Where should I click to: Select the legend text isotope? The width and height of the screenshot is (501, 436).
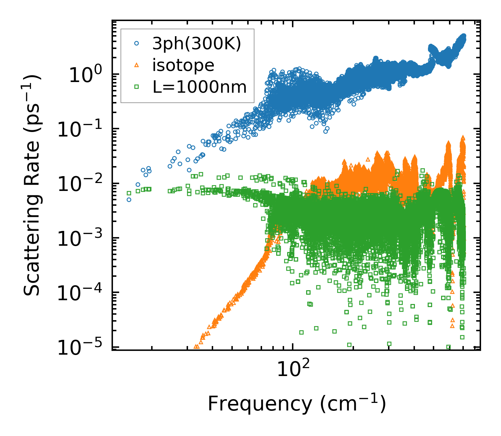(183, 65)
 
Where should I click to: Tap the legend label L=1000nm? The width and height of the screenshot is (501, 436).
(200, 87)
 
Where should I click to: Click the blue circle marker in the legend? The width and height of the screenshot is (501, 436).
(137, 43)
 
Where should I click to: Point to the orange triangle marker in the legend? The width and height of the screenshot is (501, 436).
(137, 65)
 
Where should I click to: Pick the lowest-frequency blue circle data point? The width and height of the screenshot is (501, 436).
(129, 200)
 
